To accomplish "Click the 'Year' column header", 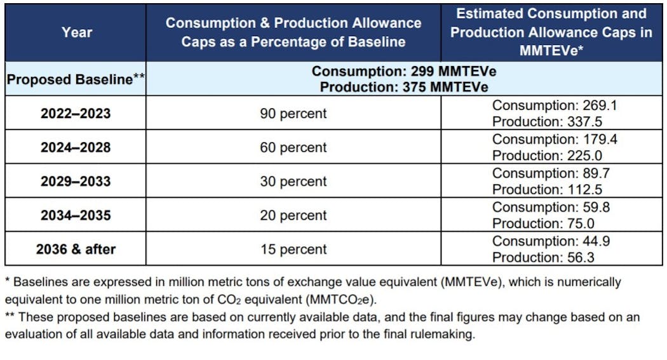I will (x=76, y=32).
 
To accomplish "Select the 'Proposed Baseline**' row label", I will (x=75, y=79).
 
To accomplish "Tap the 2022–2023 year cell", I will (x=75, y=114).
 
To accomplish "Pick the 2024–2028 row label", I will (x=75, y=147).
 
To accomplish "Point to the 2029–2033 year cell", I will (x=75, y=182).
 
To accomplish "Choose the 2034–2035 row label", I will (x=75, y=215).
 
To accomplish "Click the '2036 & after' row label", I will (x=75, y=249).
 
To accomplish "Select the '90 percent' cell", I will (x=293, y=114).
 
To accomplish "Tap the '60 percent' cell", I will (x=293, y=147).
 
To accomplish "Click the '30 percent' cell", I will (x=293, y=182).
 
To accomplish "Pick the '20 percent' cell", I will (x=293, y=215).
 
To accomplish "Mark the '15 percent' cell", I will (x=293, y=249).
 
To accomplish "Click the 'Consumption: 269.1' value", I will (x=554, y=105).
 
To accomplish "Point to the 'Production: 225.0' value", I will (x=547, y=156).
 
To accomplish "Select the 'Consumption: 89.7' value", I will (x=550, y=173).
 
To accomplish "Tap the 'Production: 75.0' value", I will (x=544, y=223).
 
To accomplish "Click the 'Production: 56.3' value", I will (x=544, y=257).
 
